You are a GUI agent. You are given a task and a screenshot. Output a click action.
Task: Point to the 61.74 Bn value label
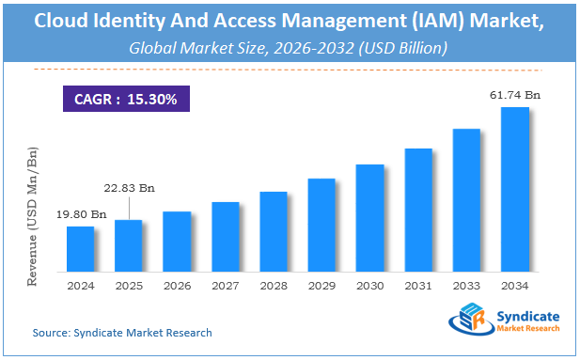coord(515,96)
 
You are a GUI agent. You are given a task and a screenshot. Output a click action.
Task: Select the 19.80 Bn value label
coord(81,214)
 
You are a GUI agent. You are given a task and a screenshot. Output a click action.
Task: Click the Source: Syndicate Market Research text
coord(122,333)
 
